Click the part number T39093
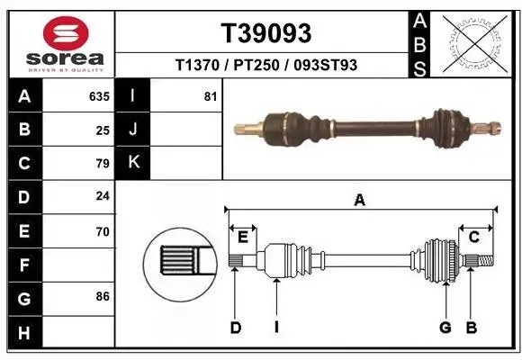266,33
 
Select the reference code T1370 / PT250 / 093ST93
266,65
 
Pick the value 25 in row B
103,130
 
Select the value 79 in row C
103,164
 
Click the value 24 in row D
103,197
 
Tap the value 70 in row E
103,231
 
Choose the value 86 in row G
103,295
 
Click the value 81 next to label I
211,95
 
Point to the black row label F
23,265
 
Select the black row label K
134,163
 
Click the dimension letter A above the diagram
359,201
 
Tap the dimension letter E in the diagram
243,237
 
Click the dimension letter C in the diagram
473,237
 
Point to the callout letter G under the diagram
445,328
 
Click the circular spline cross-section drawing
178,261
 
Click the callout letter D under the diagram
235,328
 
